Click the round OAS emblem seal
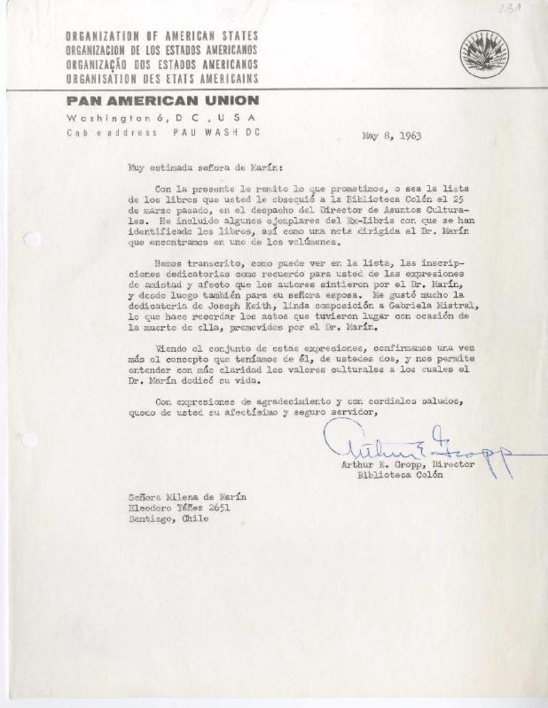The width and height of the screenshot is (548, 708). pos(484,54)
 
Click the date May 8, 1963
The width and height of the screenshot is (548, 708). pos(392,135)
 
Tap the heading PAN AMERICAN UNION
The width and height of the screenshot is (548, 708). pos(162,101)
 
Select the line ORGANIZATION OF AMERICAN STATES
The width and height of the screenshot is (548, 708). pos(162,36)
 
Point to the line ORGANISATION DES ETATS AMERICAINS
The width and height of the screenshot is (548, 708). pos(162,77)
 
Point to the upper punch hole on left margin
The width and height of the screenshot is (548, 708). pos(32,239)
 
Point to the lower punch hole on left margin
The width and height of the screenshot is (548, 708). pos(29,440)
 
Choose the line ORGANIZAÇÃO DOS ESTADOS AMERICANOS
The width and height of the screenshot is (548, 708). pos(162,64)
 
